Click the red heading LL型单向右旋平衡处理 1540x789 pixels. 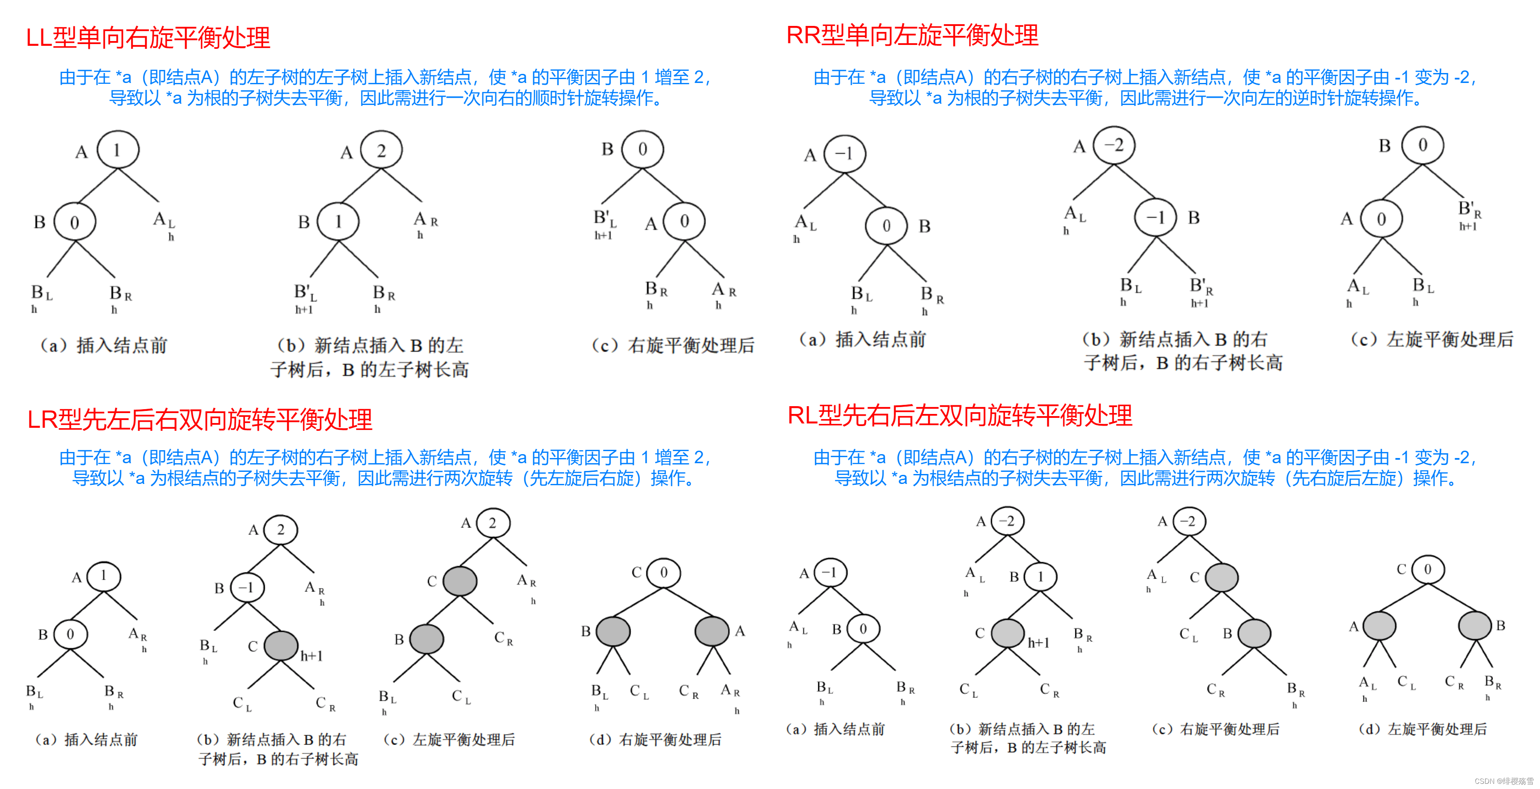coord(148,38)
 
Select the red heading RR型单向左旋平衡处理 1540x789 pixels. coord(912,35)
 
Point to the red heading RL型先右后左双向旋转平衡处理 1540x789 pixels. coord(960,415)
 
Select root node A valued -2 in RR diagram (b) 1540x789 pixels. coord(1114,145)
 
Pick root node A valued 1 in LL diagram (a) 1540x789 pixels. coord(118,150)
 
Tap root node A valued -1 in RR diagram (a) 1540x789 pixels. coord(844,154)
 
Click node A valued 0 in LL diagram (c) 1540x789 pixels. coord(684,221)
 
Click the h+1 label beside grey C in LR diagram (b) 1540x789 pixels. coord(311,656)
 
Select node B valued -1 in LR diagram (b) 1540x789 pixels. coord(247,587)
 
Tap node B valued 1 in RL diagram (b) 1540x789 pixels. coord(1040,577)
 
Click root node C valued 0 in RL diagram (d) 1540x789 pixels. coord(1428,569)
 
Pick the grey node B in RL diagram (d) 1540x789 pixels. coord(1475,626)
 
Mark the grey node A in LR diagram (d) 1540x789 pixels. coord(711,631)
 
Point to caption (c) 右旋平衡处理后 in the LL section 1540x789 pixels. coord(672,345)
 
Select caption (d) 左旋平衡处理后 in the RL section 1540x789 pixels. coord(1423,729)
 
